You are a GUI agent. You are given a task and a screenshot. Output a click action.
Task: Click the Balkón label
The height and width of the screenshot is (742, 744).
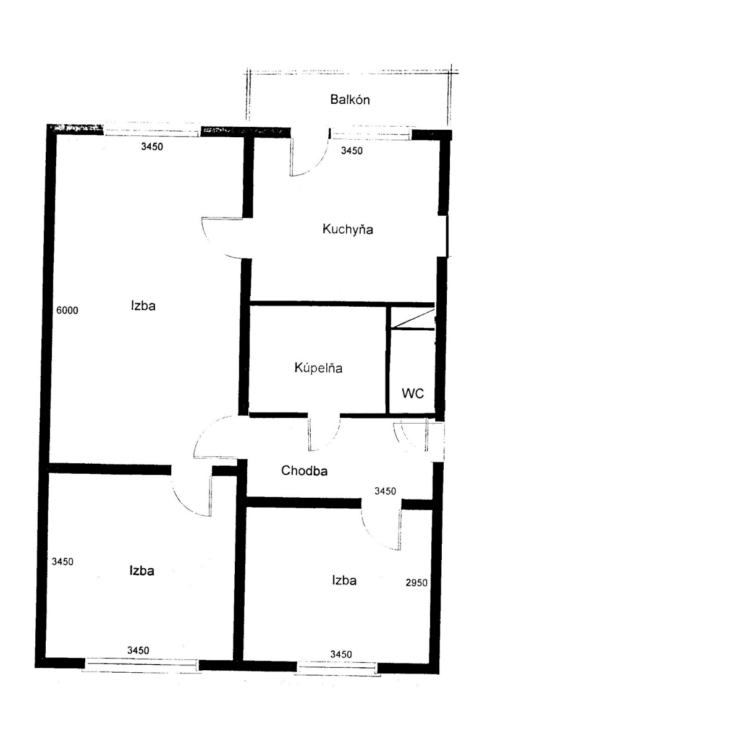(x=350, y=100)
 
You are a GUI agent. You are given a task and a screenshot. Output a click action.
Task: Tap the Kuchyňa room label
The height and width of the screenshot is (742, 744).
(x=348, y=229)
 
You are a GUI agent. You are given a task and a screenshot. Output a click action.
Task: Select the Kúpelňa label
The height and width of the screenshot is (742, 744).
(x=318, y=369)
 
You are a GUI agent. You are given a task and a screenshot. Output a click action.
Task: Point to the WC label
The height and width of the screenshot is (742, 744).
(x=413, y=394)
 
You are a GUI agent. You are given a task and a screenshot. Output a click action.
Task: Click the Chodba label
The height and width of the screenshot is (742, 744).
(x=304, y=471)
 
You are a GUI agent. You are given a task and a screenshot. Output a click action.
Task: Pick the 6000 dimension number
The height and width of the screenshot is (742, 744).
(x=67, y=310)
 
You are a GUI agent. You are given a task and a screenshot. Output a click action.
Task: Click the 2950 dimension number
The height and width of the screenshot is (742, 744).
(x=416, y=582)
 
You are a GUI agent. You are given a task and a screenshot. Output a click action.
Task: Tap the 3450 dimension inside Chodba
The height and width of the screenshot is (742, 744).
(x=385, y=491)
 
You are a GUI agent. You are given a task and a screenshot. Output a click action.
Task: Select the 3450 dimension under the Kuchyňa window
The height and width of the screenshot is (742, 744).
(x=352, y=151)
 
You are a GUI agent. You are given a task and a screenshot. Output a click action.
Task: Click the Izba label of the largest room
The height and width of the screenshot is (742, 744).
(x=143, y=305)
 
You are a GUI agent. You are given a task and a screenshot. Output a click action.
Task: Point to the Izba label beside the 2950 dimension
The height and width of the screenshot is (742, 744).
(x=344, y=581)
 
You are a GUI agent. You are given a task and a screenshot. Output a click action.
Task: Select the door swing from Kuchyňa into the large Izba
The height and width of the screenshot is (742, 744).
(x=222, y=238)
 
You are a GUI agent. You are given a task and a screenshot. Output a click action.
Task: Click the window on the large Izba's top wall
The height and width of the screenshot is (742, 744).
(x=152, y=131)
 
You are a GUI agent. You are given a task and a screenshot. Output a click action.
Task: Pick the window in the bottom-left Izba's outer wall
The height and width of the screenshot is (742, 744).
(x=141, y=665)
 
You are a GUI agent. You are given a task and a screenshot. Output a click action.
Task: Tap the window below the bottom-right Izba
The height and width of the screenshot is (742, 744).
(x=337, y=667)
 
